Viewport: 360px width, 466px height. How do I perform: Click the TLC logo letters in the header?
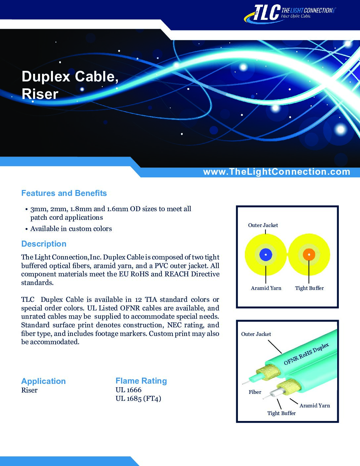(267, 13)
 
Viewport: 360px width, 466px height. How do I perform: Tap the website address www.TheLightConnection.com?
(277, 172)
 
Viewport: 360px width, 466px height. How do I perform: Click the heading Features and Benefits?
(64, 193)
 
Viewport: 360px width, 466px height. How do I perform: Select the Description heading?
(44, 244)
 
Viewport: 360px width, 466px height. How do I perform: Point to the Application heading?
(43, 381)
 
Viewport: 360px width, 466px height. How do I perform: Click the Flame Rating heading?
(141, 381)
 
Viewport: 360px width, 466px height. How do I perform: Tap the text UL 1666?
(128, 390)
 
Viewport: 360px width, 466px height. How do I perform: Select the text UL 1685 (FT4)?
(138, 398)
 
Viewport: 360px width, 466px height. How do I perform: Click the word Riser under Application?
(29, 390)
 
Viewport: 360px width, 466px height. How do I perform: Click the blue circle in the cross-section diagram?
(266, 255)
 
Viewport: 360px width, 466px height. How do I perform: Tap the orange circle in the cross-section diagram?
(309, 255)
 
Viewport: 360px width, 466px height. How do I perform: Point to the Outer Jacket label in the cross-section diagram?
(263, 225)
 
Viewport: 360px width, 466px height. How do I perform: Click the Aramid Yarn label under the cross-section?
(266, 288)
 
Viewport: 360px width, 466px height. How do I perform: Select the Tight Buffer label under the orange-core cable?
(309, 288)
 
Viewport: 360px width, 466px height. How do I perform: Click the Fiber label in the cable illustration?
(255, 392)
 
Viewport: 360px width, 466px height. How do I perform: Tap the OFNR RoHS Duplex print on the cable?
(306, 354)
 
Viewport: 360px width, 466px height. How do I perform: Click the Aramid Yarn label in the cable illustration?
(315, 405)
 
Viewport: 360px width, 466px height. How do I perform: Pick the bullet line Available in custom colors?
(71, 229)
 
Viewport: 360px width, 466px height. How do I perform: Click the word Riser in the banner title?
(40, 94)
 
